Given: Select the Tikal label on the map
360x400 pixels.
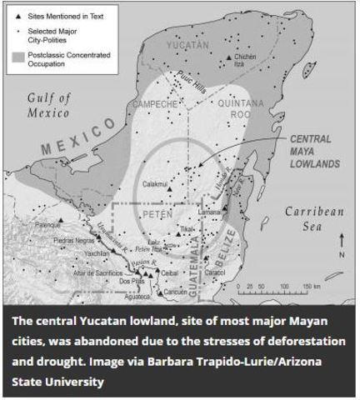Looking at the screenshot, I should coord(188,227).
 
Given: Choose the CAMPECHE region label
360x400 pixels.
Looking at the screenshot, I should coord(152,104).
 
